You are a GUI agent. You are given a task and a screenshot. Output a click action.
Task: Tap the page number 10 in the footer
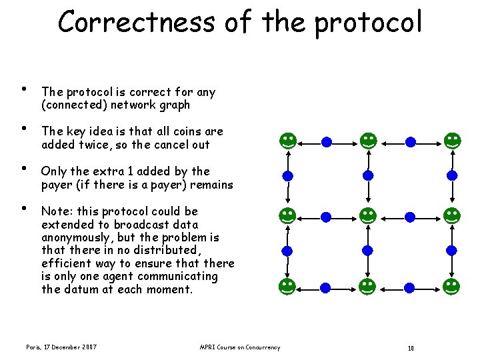tap(411, 347)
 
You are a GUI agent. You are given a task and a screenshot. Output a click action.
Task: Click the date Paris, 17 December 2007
tap(61, 347)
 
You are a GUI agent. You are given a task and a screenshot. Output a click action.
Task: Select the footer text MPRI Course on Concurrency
tap(240, 347)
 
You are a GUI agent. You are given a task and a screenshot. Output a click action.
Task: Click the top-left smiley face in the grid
tap(287, 141)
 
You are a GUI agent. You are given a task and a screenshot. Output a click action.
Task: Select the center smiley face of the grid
tap(368, 215)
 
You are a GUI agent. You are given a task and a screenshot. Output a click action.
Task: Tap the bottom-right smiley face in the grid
tap(452, 287)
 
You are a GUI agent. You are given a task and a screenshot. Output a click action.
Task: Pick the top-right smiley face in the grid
tap(452, 141)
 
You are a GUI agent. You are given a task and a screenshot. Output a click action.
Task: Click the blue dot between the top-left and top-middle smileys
tap(327, 141)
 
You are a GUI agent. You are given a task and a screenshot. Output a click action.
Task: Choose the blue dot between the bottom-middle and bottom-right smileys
tap(411, 287)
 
